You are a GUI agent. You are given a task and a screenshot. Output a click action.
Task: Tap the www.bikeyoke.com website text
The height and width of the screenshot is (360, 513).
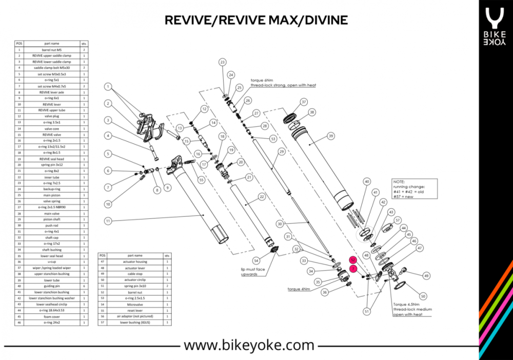point(249,345)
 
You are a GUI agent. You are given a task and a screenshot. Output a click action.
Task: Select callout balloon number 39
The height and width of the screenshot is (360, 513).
point(331,136)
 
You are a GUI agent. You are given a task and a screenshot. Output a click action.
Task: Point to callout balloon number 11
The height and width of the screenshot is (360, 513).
point(108,221)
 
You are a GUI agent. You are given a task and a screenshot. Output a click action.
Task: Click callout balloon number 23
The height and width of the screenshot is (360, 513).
point(222,62)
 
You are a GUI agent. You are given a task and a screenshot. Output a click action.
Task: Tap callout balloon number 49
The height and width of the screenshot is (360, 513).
point(426,276)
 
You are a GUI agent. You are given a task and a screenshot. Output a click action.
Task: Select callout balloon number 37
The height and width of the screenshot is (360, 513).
point(304,102)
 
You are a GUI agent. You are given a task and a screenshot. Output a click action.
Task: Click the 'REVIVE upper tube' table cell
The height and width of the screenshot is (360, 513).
point(51,110)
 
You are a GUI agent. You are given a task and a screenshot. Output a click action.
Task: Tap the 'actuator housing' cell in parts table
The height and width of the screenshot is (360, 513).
point(135,261)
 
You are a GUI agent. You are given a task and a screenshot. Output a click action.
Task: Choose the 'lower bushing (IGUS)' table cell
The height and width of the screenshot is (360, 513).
point(135,323)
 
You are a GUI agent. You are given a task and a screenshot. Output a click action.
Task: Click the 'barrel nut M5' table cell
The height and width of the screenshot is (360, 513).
point(51,50)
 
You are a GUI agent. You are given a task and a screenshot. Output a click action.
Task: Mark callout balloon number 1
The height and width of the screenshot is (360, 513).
point(108,86)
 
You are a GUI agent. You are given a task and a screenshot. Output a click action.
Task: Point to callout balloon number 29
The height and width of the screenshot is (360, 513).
point(281,152)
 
